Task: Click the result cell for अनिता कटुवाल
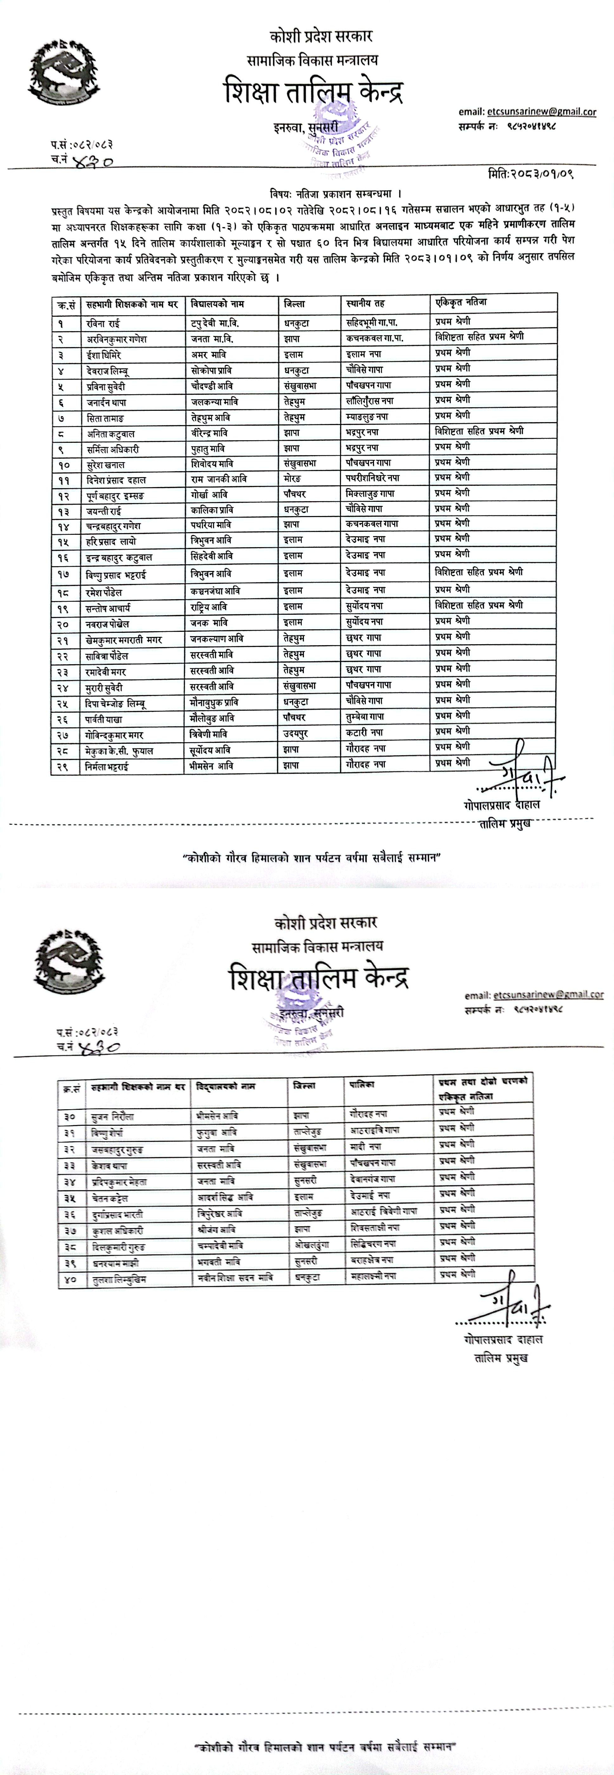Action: coord(479,431)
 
